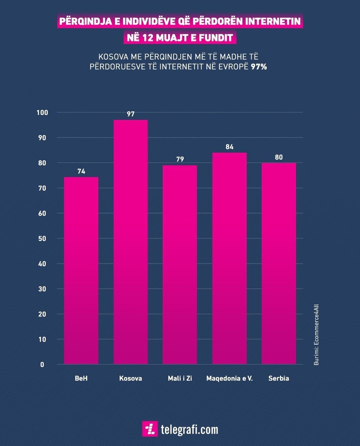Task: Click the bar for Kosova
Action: click(130, 242)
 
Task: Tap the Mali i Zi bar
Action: click(180, 265)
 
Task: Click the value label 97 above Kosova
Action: click(131, 114)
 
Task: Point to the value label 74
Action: click(81, 171)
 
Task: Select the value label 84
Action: click(230, 147)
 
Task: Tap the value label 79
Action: click(180, 159)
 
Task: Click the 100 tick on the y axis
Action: click(42, 112)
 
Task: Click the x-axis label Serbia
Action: click(278, 378)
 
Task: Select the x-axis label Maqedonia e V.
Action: click(230, 378)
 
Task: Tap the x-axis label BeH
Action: click(81, 378)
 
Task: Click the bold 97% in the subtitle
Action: click(259, 66)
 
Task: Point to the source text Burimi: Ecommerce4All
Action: click(316, 334)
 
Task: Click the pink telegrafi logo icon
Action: click(150, 429)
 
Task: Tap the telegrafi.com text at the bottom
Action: click(189, 429)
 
